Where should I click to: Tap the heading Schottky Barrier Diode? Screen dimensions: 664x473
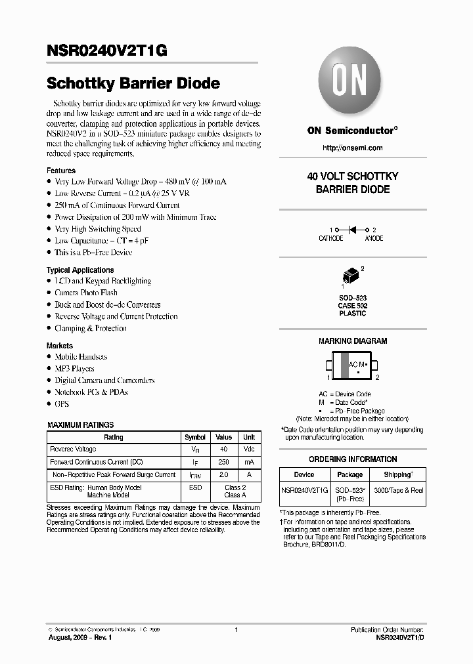[x=133, y=84]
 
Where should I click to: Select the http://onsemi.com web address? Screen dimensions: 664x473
[x=352, y=148]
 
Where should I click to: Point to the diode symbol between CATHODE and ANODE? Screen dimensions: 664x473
[x=352, y=230]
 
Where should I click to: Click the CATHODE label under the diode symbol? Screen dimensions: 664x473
[x=330, y=239]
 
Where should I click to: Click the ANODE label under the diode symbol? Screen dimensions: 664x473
[x=374, y=239]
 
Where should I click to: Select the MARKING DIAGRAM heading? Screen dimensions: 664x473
[x=353, y=341]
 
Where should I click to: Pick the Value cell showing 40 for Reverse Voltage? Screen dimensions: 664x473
[x=223, y=449]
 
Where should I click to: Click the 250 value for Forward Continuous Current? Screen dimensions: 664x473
[x=223, y=462]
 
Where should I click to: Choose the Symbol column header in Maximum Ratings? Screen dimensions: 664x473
[x=195, y=437]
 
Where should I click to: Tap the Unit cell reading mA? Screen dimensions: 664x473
[x=249, y=462]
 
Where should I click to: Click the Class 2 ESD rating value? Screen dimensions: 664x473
[x=235, y=488]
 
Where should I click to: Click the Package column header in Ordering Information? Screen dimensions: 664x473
[x=349, y=474]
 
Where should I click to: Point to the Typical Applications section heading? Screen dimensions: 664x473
[x=79, y=270]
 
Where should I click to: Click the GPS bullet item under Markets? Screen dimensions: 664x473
[x=62, y=404]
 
